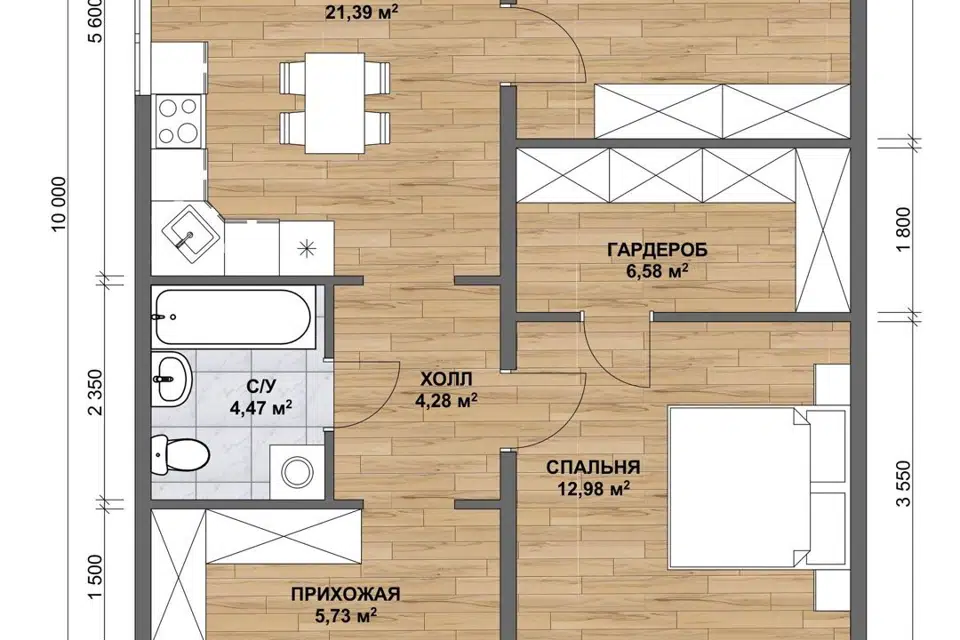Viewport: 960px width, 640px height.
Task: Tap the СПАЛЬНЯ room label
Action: click(593, 467)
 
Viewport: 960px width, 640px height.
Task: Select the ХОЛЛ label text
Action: click(446, 379)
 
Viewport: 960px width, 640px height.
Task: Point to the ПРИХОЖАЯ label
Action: click(345, 594)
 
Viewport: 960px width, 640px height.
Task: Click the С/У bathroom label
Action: click(261, 386)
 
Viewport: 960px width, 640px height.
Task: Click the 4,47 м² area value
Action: click(261, 407)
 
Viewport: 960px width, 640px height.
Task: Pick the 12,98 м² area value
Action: click(594, 489)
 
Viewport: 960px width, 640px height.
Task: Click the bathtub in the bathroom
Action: click(233, 317)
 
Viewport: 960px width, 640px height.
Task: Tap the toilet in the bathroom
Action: click(181, 454)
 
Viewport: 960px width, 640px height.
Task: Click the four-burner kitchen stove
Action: click(178, 121)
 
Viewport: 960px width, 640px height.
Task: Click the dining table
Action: click(335, 103)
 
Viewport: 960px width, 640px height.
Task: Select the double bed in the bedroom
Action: click(741, 488)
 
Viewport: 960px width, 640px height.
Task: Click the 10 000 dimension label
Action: click(59, 205)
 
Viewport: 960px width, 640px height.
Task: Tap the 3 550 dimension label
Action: click(903, 483)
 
